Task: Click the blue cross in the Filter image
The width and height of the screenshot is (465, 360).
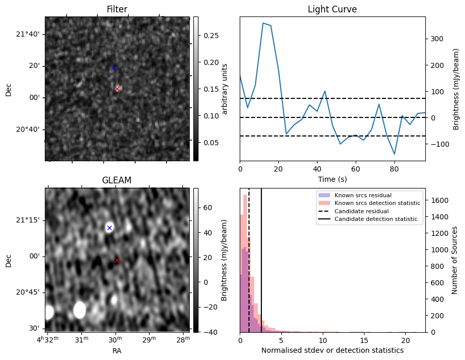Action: [113, 68]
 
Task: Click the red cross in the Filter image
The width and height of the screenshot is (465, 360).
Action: [117, 89]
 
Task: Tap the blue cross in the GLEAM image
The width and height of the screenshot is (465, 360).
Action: [109, 228]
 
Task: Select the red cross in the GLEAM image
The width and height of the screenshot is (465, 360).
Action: [117, 260]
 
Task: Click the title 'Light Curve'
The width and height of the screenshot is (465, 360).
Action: [332, 9]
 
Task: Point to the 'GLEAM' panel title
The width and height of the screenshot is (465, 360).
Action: [117, 180]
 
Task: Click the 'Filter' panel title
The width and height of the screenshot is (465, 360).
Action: [117, 9]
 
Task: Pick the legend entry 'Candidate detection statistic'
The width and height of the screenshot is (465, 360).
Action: [376, 219]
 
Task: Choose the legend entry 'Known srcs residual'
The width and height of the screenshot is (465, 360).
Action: [362, 195]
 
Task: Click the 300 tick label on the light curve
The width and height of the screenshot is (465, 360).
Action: [435, 39]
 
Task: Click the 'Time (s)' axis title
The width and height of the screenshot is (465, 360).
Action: [332, 179]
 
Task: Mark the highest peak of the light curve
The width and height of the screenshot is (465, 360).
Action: [263, 23]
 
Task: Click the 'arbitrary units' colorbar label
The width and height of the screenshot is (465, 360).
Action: [225, 89]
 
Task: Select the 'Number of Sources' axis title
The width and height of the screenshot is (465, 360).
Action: [454, 260]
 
